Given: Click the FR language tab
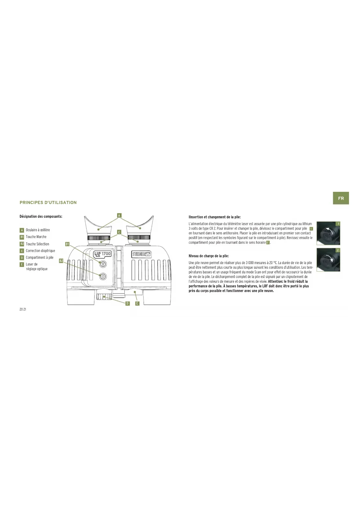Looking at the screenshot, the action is [341, 198].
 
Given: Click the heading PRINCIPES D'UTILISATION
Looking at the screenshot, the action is [48, 203].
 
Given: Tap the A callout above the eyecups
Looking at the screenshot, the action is [119, 215].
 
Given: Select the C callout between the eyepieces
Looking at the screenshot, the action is [119, 232].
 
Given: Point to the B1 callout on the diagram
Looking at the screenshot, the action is [67, 244].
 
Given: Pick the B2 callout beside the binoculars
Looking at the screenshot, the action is [61, 261].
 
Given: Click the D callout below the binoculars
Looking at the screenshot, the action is [127, 303].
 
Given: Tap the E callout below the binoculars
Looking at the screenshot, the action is [137, 303].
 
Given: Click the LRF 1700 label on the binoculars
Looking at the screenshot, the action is [102, 254].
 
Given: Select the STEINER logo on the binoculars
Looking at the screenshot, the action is [142, 254].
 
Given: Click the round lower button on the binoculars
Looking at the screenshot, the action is [103, 277].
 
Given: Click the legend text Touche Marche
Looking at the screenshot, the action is [36, 237].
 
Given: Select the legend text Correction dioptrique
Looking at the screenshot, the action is [40, 251].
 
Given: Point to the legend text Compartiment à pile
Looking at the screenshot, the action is [39, 257].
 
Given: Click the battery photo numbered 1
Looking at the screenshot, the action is [328, 233].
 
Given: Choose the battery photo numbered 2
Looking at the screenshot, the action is [328, 260].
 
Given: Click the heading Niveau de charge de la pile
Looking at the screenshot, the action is [209, 256].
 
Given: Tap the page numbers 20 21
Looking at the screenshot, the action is [23, 309].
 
